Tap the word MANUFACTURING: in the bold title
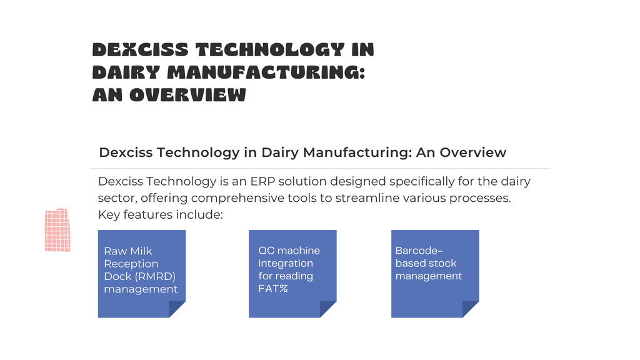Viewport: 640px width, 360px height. click(x=266, y=72)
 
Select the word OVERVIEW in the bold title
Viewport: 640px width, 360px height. click(x=187, y=95)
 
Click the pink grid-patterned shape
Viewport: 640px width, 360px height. click(x=57, y=230)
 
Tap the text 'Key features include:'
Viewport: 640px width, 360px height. click(x=161, y=215)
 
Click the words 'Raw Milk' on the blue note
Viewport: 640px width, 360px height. click(x=127, y=251)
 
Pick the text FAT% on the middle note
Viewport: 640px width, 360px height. click(x=273, y=289)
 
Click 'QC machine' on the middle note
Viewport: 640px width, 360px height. click(x=289, y=251)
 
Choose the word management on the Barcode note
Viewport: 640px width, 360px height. click(x=429, y=276)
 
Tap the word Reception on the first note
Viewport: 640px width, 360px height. click(x=131, y=264)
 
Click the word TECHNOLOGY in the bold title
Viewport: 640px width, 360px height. click(x=270, y=50)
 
